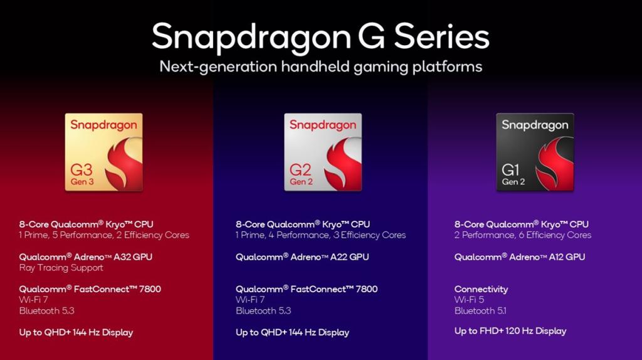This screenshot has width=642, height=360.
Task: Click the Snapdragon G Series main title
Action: (320, 36)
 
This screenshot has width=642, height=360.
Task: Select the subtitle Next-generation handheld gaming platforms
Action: (320, 66)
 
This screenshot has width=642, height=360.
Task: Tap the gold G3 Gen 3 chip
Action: (103, 152)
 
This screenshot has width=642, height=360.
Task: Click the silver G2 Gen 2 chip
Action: (322, 152)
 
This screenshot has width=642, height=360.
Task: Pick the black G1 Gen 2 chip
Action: (535, 152)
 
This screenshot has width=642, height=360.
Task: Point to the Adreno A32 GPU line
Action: (85, 257)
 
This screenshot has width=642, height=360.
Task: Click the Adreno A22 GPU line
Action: (302, 257)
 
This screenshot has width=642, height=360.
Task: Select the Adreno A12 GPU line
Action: (520, 257)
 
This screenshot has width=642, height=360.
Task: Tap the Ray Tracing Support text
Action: (61, 268)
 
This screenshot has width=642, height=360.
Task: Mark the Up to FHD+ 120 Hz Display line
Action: (510, 331)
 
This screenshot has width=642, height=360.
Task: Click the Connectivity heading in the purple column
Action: (481, 289)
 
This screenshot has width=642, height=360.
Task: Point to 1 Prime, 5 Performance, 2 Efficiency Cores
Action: (104, 235)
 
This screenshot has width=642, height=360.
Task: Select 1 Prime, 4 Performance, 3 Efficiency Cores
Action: (321, 235)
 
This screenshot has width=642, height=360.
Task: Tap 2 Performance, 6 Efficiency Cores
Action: (523, 235)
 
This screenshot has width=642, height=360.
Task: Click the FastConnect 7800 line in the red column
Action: (90, 289)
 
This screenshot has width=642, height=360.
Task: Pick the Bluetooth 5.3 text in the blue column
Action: (263, 310)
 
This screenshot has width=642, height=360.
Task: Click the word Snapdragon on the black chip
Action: (535, 125)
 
